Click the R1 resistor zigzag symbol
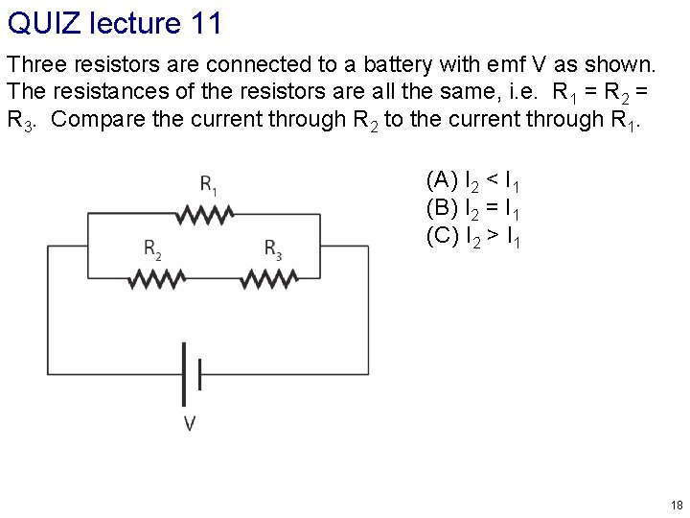tap(208, 216)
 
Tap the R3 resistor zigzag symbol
tap(271, 278)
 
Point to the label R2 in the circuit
tap(152, 249)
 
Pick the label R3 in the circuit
tap(273, 249)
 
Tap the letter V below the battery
tap(190, 422)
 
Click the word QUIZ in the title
tap(42, 22)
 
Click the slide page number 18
tap(677, 505)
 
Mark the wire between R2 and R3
tap(213, 278)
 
